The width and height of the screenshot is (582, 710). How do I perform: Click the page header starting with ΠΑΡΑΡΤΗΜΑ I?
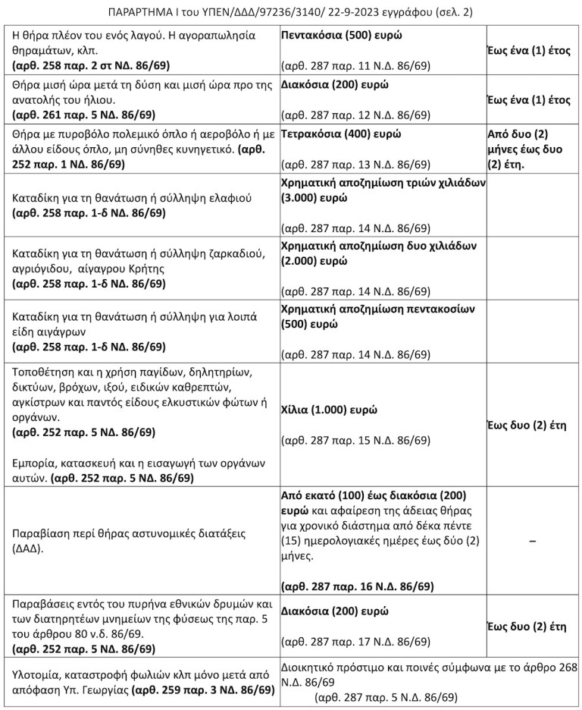[291, 11]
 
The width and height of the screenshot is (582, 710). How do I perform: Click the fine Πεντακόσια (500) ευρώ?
[341, 36]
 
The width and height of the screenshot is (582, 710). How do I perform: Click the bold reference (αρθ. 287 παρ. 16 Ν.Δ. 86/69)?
[358, 586]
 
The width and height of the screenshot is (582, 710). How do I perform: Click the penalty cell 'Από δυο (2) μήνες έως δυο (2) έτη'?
[530, 149]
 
